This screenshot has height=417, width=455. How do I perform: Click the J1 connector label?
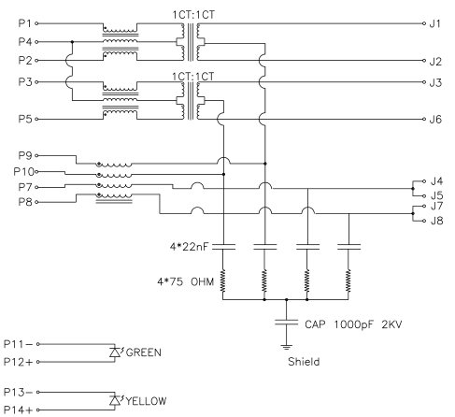tap(434, 22)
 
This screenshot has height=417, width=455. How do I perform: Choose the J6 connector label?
tap(434, 119)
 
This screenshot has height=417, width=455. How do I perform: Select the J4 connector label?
tap(434, 180)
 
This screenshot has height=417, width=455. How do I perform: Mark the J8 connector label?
tap(434, 221)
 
